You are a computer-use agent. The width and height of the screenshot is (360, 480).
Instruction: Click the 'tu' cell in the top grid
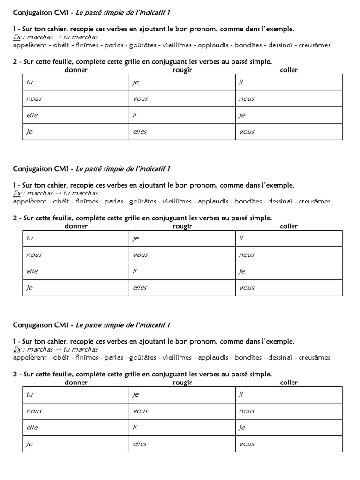tap(30, 82)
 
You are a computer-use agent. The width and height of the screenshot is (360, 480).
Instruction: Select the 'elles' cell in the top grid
tap(139, 132)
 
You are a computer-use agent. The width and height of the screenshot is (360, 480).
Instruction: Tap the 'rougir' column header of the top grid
tap(182, 70)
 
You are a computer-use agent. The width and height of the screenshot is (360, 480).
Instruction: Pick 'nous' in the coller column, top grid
tap(247, 99)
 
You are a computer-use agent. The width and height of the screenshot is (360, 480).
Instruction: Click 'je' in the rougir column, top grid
tap(136, 82)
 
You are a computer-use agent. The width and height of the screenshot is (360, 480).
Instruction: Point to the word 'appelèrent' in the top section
tap(30, 45)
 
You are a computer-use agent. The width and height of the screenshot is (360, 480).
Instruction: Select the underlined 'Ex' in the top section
tap(17, 37)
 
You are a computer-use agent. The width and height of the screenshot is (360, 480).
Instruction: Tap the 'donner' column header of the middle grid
tap(76, 226)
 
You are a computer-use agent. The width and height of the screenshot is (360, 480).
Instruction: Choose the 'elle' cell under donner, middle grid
tap(32, 271)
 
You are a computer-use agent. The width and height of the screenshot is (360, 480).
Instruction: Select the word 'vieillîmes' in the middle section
tap(177, 202)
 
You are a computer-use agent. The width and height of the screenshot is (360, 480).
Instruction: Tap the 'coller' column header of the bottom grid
tap(289, 382)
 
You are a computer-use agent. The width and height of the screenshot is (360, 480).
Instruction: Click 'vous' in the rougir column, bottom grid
tap(140, 411)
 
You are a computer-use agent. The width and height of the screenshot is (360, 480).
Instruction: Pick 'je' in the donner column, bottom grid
tap(30, 444)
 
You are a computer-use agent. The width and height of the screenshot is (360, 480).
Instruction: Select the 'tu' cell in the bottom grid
tap(30, 394)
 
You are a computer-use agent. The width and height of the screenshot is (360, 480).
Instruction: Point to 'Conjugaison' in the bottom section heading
tap(33, 325)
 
